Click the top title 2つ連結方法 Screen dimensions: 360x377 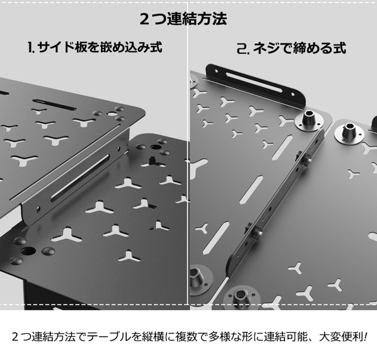183,19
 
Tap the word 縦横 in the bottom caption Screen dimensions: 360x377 161,336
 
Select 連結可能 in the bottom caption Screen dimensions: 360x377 292,336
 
